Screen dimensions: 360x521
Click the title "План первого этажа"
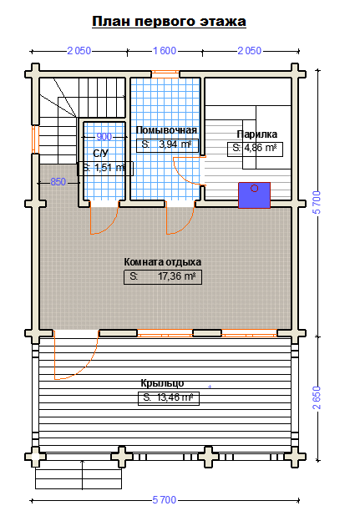169,21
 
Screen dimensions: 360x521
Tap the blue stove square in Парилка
254,195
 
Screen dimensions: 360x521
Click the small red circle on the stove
254,189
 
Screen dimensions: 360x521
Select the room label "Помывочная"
166,130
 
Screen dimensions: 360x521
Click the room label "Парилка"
257,134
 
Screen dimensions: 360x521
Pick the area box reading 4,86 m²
256,149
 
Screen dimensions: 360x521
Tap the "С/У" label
101,154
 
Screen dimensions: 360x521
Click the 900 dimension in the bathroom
104,137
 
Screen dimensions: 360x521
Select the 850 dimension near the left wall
58,182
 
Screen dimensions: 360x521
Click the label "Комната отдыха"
163,262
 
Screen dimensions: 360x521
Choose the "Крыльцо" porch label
162,383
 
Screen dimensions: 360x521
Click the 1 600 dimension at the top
165,51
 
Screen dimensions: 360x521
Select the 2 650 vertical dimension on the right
317,397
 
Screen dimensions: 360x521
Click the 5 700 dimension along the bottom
165,500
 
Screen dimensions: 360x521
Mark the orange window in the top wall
165,73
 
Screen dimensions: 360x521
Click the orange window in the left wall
34,139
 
